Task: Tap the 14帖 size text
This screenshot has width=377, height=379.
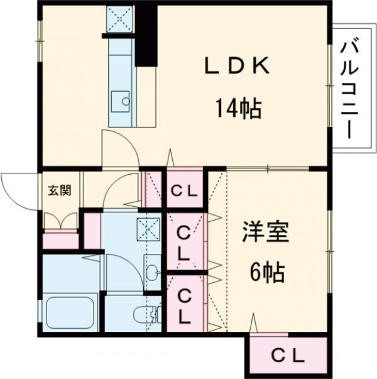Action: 238,109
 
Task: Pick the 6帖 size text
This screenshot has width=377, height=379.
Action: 266,272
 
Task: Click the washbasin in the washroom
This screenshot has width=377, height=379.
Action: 153,272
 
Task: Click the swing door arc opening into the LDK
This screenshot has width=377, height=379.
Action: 119,150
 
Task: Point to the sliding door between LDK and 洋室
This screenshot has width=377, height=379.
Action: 267,168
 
